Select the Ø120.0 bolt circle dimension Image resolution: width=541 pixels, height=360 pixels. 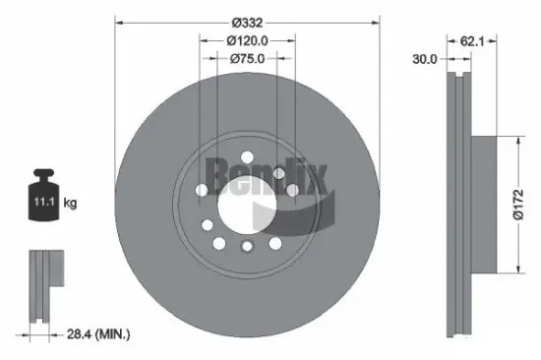[x=247, y=40]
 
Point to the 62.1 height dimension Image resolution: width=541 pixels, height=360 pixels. [x=473, y=42]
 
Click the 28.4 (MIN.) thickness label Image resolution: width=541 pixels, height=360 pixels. [x=95, y=335]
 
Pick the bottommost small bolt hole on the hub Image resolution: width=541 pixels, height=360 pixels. [x=248, y=247]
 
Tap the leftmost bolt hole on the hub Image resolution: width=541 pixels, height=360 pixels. [x=202, y=190]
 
